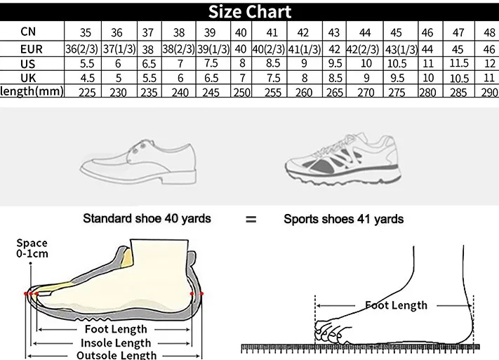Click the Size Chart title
[x=249, y=11]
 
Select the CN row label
[x=28, y=31]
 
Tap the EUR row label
[x=28, y=48]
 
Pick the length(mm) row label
[x=32, y=91]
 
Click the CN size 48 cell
[x=488, y=32]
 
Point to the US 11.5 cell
[x=459, y=63]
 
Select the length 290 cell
[x=488, y=92]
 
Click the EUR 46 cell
[x=488, y=49]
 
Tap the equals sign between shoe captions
[x=251, y=220]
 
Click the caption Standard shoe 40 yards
[x=147, y=218]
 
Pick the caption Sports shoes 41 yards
[x=343, y=219]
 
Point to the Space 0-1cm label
[x=33, y=248]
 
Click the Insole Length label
[x=117, y=342]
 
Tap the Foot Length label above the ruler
[x=396, y=305]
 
